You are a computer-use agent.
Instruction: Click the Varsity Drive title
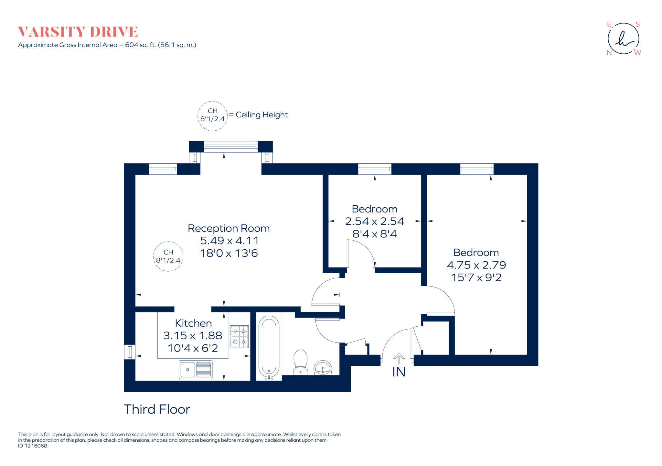(x=78, y=32)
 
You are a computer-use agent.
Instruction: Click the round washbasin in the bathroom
(x=323, y=368)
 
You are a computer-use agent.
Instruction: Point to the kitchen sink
(x=196, y=369)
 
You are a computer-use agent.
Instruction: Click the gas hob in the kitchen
(x=239, y=336)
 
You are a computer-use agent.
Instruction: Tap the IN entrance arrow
(x=399, y=358)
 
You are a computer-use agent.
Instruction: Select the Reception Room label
(x=229, y=228)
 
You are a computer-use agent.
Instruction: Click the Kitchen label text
(x=193, y=323)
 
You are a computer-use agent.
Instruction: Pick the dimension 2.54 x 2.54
(x=374, y=221)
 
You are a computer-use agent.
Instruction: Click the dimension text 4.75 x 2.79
(x=476, y=265)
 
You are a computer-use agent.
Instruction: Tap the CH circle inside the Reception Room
(x=168, y=256)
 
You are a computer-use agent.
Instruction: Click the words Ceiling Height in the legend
(x=262, y=115)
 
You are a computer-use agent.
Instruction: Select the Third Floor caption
(x=157, y=409)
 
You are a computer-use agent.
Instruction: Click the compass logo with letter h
(x=623, y=39)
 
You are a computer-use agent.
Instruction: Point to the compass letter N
(x=609, y=53)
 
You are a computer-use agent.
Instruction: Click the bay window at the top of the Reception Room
(x=231, y=147)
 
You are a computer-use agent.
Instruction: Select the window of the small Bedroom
(x=375, y=169)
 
